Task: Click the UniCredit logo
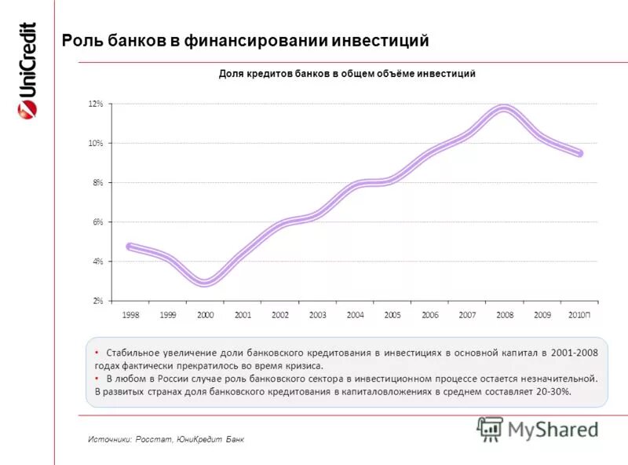[x=27, y=71]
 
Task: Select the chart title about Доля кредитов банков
[x=346, y=73]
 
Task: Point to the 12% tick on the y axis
[x=96, y=104]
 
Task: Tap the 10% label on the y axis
[x=96, y=143]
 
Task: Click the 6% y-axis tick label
[x=97, y=222]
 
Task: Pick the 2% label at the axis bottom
[x=97, y=301]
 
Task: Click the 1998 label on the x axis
[x=130, y=315]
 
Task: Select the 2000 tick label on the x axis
[x=205, y=315]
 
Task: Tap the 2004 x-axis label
[x=355, y=315]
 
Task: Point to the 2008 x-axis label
[x=505, y=315]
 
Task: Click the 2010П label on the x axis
[x=580, y=315]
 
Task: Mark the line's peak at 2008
[x=504, y=109]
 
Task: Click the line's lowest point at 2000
[x=205, y=282]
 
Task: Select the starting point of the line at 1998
[x=130, y=247]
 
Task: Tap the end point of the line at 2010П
[x=580, y=153]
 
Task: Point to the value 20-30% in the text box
[x=553, y=390]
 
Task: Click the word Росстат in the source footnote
[x=148, y=439]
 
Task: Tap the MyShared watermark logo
[x=538, y=429]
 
